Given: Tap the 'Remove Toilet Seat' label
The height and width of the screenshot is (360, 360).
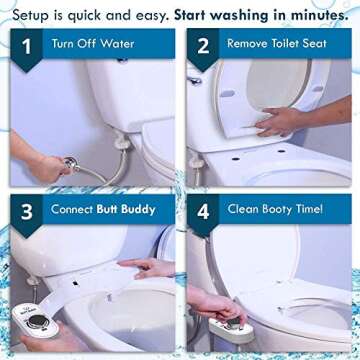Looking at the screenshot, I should [x=275, y=44].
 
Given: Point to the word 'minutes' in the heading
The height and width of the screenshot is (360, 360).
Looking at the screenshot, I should [x=314, y=12].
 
